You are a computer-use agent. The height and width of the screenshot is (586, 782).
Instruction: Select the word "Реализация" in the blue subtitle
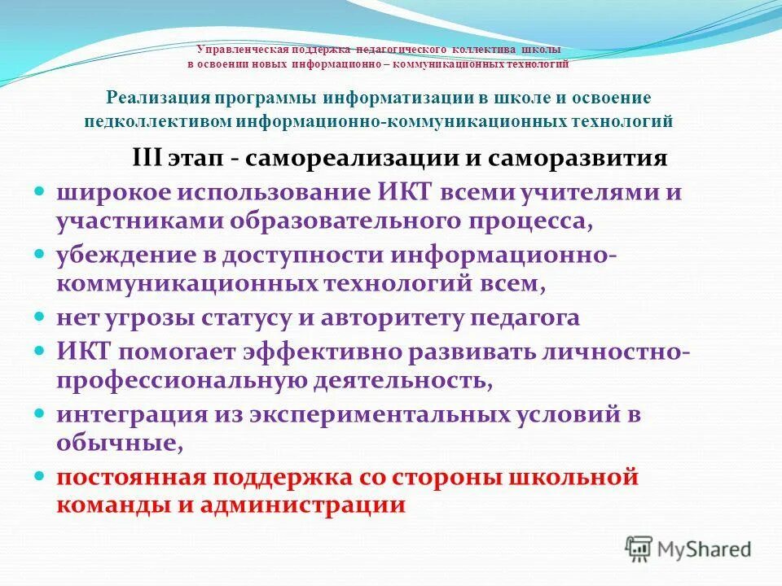coord(156,98)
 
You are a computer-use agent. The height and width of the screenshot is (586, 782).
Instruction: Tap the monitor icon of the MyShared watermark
coord(639,549)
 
